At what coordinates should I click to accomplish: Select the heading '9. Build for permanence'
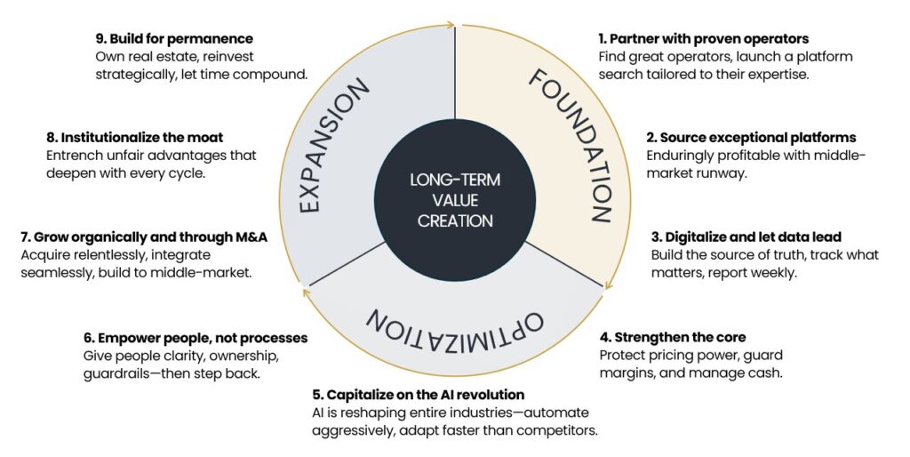[174, 39]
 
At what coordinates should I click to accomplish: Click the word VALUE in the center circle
[455, 200]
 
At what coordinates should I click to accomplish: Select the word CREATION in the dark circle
[455, 220]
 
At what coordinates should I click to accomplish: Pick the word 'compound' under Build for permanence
[273, 75]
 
